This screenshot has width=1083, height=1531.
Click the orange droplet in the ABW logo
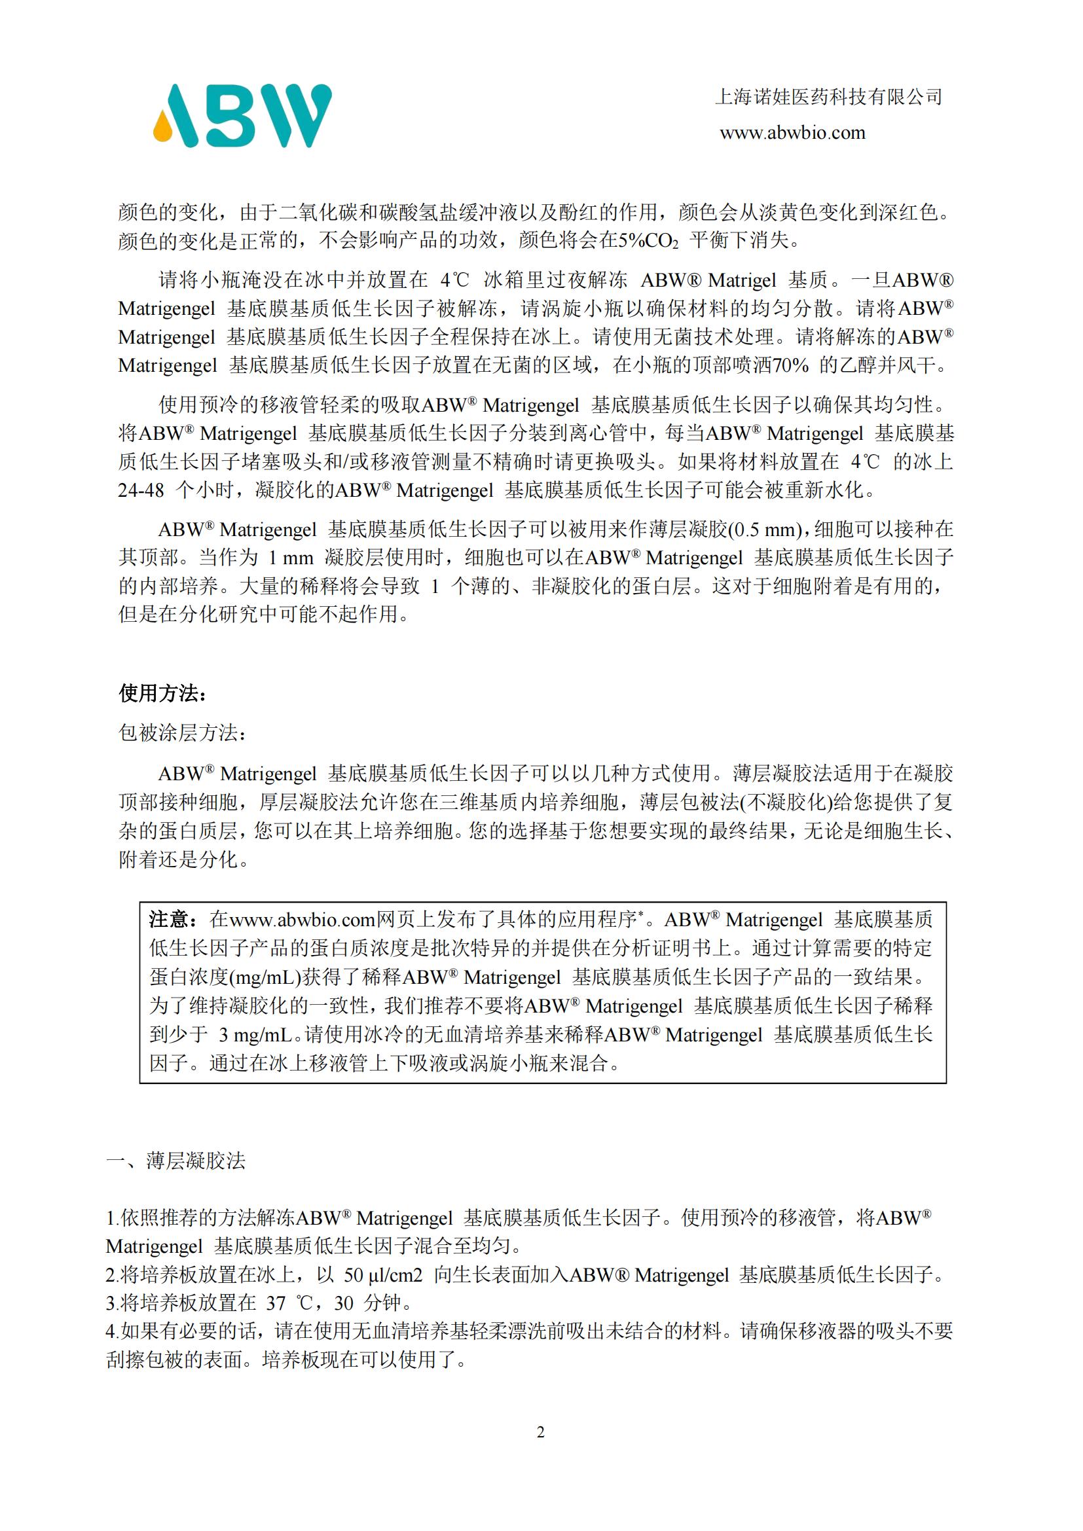(x=163, y=128)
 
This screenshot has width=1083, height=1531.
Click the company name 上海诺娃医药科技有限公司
(x=828, y=98)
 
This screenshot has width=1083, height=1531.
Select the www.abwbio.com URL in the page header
(x=792, y=133)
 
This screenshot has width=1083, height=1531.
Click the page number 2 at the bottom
(x=541, y=1432)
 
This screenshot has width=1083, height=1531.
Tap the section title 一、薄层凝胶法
(x=176, y=1161)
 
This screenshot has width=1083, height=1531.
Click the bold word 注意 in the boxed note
(x=169, y=920)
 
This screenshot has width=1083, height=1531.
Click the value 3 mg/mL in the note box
(x=255, y=1035)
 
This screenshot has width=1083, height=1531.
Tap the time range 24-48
(x=141, y=491)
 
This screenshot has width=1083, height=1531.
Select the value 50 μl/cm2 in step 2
(x=383, y=1275)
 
